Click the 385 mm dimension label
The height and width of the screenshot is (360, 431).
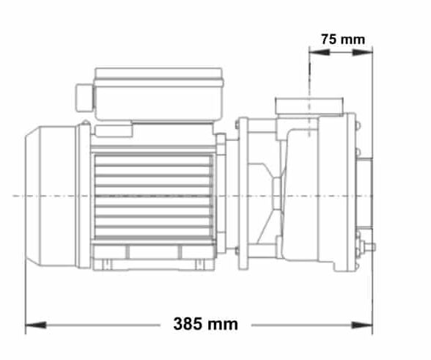200,323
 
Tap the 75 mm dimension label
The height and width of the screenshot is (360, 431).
342,39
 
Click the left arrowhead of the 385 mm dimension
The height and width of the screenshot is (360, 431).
32,323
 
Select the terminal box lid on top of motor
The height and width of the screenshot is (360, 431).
158,75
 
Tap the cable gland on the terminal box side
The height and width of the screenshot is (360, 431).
84,98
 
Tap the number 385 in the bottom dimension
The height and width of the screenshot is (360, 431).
186,323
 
